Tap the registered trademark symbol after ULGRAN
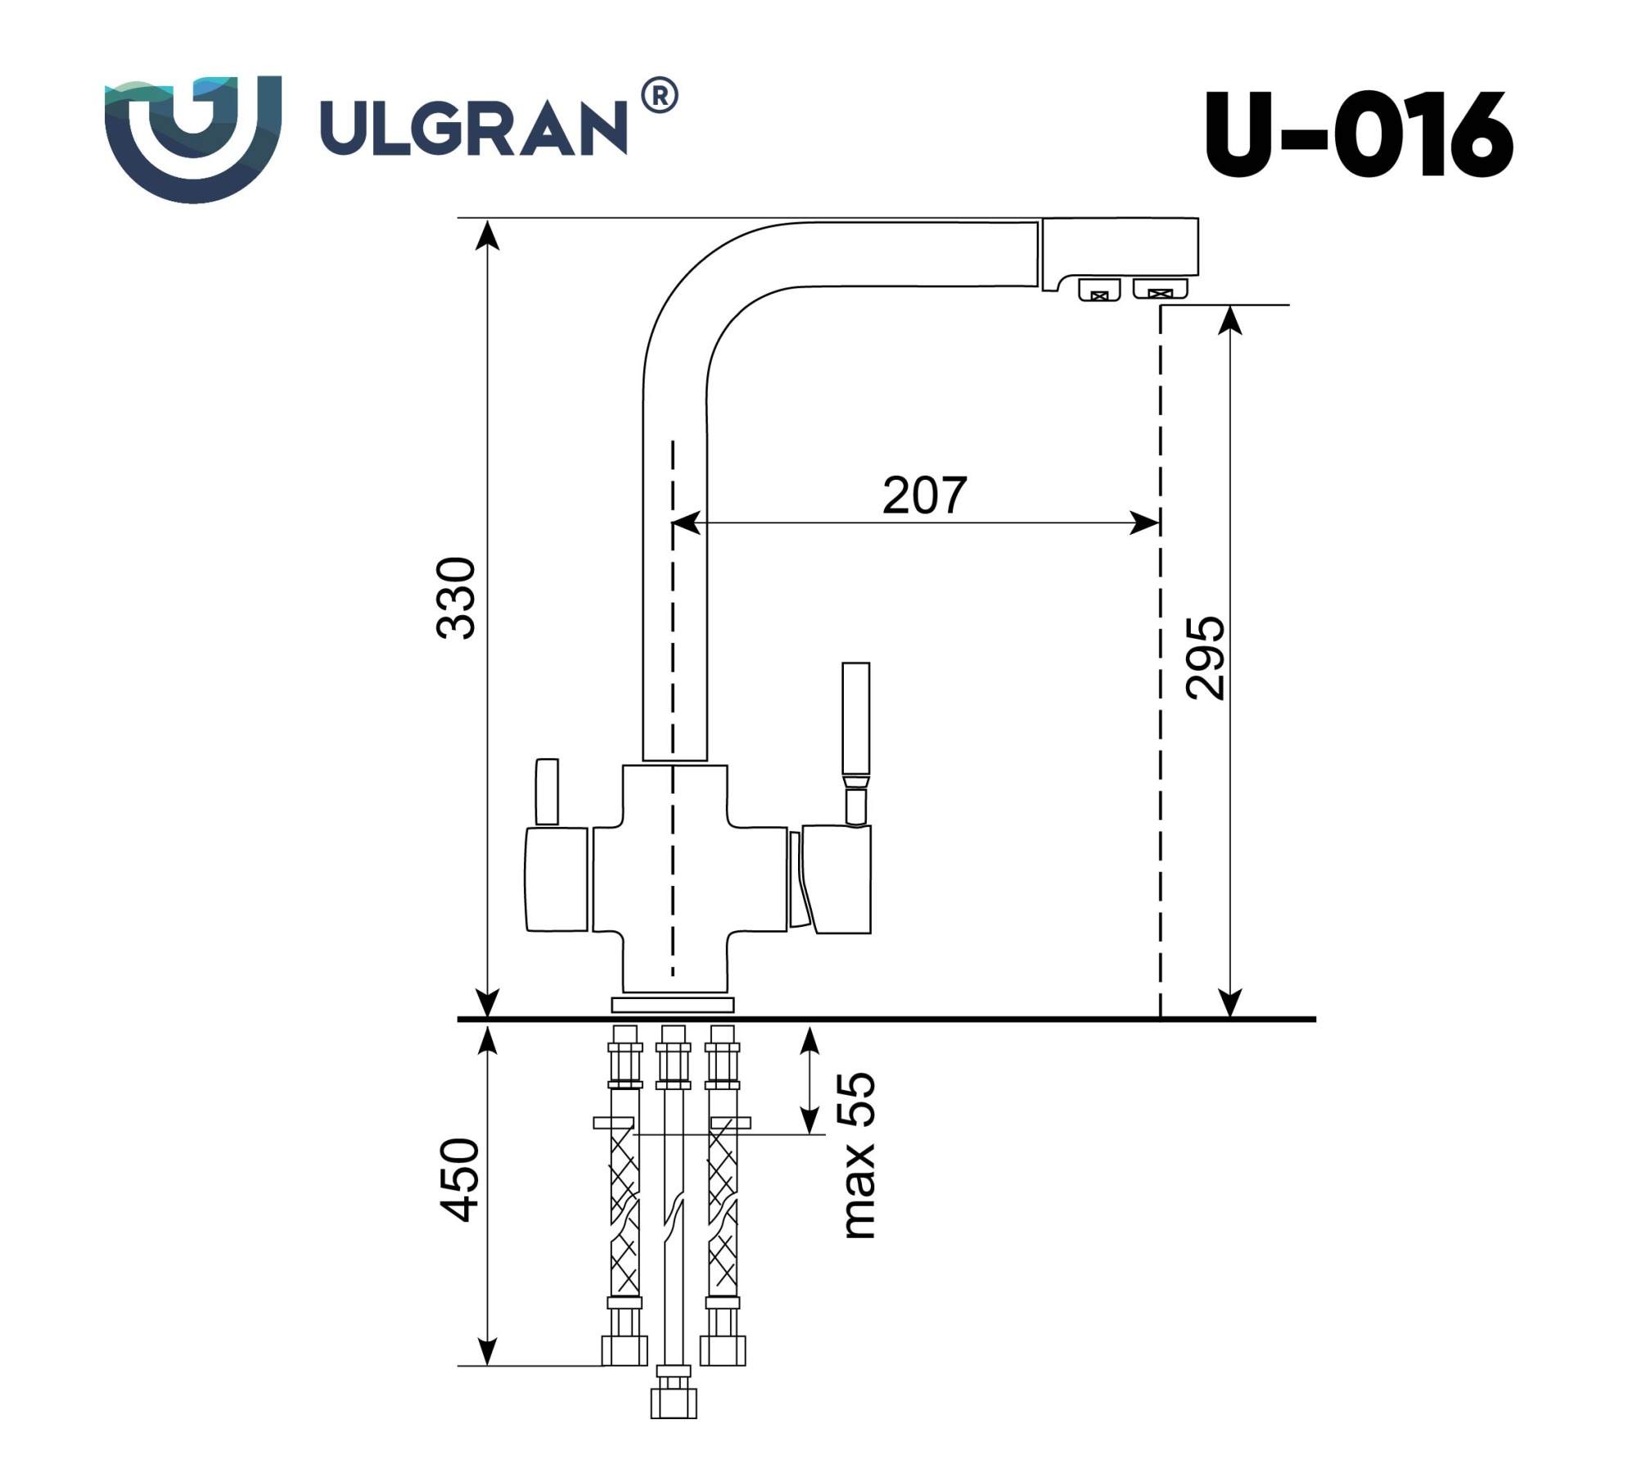pos(659,96)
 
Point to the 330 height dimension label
pos(456,597)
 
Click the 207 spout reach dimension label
pos(924,495)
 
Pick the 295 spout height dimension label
pos(1206,658)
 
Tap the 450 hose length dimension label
pos(458,1180)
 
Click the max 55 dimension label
pos(859,1155)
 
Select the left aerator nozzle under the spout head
pos(1099,290)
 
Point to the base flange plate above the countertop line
pos(673,1005)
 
